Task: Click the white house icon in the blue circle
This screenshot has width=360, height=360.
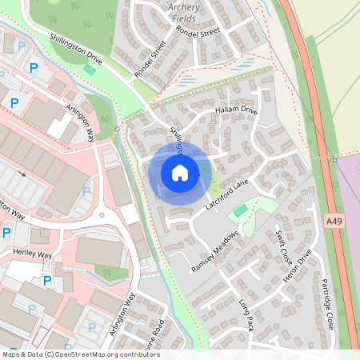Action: click(180, 173)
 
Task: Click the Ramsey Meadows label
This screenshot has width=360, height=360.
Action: click(214, 252)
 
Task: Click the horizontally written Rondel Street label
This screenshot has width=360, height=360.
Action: click(198, 34)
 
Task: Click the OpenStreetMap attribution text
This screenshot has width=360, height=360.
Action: click(80, 354)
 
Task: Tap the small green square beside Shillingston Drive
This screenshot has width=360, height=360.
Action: click(89, 70)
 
